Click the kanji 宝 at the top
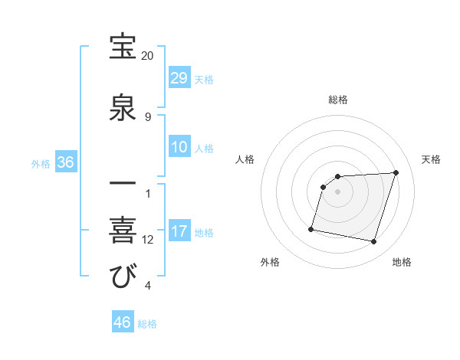[123, 47]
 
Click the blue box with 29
[179, 78]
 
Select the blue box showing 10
[179, 147]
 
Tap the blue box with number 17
[179, 232]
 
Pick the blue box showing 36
[66, 162]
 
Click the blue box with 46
[123, 322]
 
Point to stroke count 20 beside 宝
[147, 56]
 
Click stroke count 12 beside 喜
[148, 240]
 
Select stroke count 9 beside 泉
[148, 116]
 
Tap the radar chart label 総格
[338, 100]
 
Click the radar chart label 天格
[432, 159]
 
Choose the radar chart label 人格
[245, 159]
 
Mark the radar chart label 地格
[402, 263]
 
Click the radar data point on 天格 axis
[396, 172]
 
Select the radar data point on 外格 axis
[311, 228]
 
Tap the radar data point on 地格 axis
[373, 241]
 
